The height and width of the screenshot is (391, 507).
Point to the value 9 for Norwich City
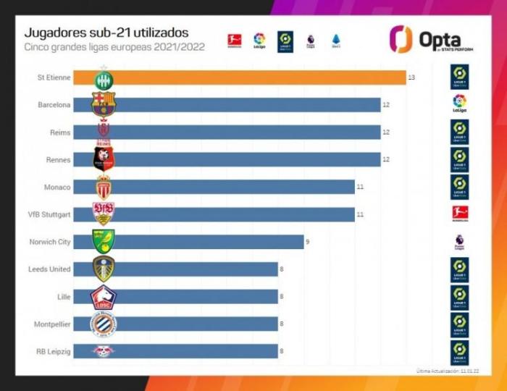coord(308,242)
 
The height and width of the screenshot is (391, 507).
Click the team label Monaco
coord(58,187)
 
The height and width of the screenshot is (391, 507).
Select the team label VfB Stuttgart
coord(50,214)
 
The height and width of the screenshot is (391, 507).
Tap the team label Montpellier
coord(51,324)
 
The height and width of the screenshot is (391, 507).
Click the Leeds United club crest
coord(103,269)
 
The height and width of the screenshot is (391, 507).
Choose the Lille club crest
coord(103,296)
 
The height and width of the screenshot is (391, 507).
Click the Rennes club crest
coord(103,159)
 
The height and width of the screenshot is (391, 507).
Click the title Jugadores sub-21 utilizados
coord(106,33)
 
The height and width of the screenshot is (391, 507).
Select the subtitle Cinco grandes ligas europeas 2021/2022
coord(114,48)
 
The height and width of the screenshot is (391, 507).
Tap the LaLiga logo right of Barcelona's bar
coord(459,104)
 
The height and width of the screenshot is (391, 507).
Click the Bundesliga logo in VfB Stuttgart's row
coord(459,213)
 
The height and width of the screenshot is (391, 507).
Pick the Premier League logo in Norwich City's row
coord(459,241)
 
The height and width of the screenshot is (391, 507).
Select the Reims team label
coord(60,133)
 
